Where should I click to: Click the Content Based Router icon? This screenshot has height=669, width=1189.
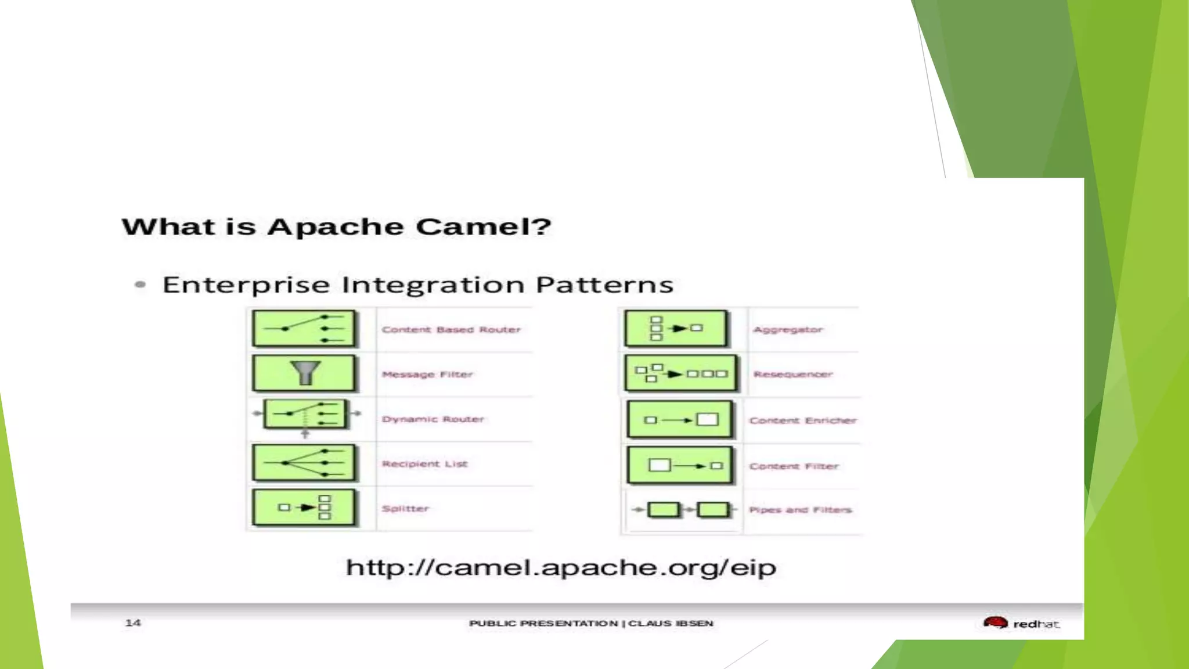tap(304, 329)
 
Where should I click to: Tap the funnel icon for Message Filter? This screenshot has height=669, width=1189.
tap(304, 373)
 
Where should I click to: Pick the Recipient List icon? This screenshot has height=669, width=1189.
tap(304, 463)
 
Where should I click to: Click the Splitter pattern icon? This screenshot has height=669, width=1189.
tap(304, 508)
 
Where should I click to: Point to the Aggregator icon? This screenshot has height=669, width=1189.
tap(676, 329)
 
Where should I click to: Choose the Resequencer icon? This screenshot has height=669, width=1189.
tap(680, 373)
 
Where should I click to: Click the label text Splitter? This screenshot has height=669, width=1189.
tap(405, 509)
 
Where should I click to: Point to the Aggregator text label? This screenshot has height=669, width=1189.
tap(788, 330)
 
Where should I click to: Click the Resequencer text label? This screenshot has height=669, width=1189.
tap(793, 375)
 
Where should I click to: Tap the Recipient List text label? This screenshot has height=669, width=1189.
tap(424, 464)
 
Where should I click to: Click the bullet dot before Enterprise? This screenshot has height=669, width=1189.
tap(140, 285)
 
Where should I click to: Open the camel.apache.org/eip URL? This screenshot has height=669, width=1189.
tap(561, 567)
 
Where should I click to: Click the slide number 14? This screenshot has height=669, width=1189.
tap(133, 623)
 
